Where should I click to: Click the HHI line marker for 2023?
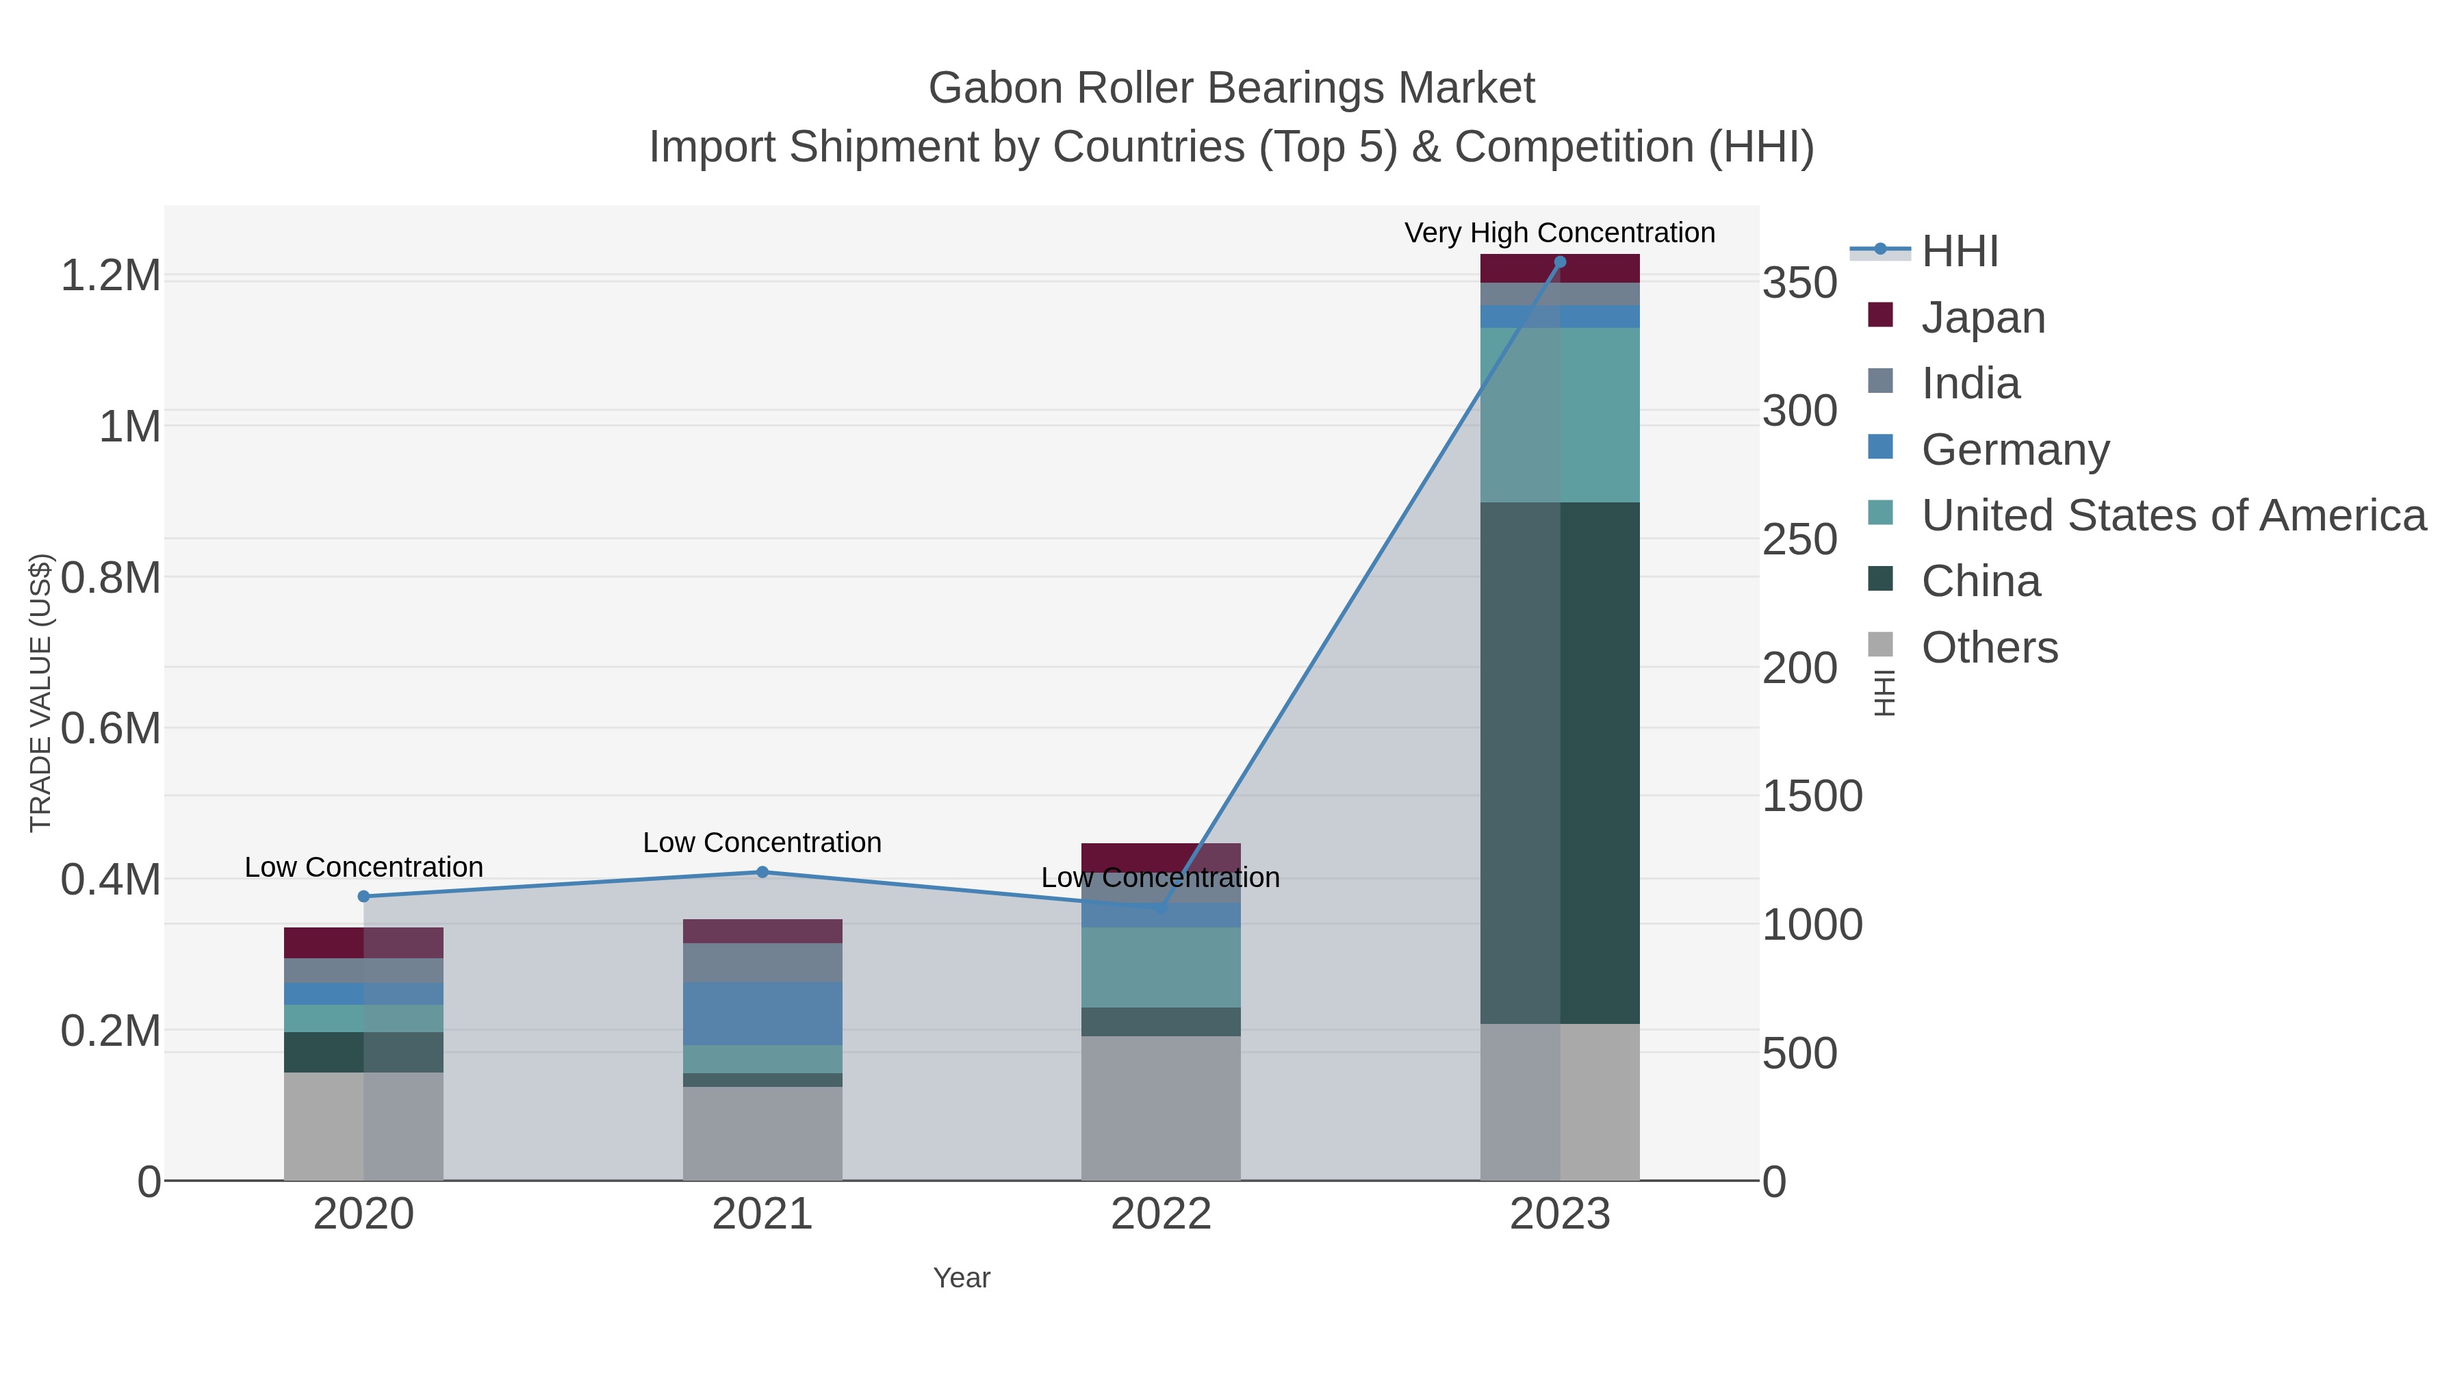click(1559, 262)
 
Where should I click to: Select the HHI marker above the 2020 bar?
click(363, 896)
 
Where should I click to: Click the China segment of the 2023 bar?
click(1559, 762)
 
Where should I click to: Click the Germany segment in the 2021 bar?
click(762, 1013)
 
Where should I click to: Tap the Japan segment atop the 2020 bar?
click(363, 942)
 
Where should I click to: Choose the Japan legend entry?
click(1982, 318)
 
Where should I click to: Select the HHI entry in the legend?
click(1959, 252)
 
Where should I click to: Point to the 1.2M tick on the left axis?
click(111, 277)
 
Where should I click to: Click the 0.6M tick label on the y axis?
click(111, 729)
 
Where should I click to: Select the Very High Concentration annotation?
click(1559, 233)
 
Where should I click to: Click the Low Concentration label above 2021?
click(762, 843)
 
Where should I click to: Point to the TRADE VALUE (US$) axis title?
click(40, 693)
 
